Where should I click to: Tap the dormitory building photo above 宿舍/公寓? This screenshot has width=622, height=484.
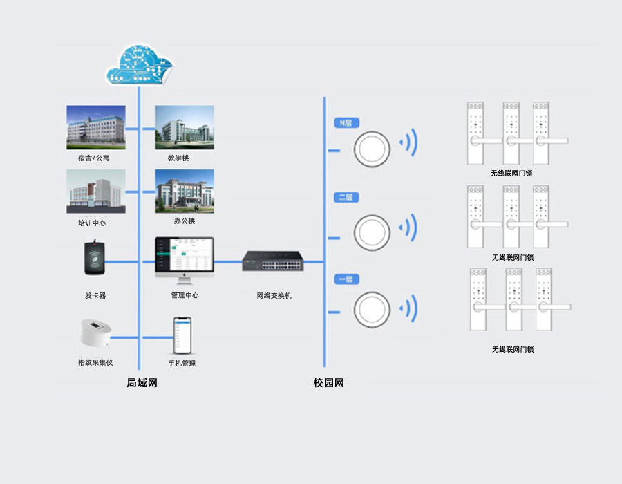point(96,127)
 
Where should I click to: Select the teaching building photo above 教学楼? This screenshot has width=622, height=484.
point(184,127)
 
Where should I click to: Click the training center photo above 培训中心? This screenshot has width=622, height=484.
point(96,192)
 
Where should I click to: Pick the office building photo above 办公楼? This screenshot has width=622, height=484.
point(184,192)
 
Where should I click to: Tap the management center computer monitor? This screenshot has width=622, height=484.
point(184,257)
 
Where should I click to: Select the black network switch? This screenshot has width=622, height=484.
point(272,262)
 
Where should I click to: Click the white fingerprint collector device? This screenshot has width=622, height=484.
point(96,334)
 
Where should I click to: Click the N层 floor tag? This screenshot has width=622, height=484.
point(346,123)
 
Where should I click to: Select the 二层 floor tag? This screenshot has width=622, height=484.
point(346,198)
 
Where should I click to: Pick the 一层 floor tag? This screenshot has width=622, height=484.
point(346,279)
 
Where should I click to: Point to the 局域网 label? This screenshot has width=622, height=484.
point(142,383)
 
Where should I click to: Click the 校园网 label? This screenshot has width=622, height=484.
point(328,383)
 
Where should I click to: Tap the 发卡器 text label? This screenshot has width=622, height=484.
point(95,295)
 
